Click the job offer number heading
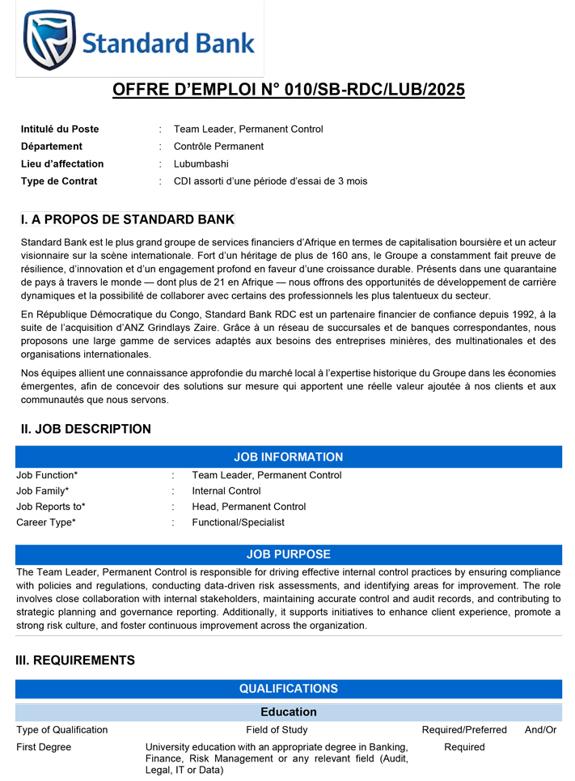click(288, 90)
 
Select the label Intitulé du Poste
click(60, 129)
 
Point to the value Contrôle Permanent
click(218, 146)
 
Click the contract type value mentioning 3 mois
click(270, 181)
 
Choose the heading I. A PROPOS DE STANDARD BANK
click(127, 219)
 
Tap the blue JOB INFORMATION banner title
click(288, 457)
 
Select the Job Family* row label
click(42, 491)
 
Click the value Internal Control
click(226, 491)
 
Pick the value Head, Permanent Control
click(249, 507)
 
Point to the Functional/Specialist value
click(238, 523)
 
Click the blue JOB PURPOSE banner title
click(288, 554)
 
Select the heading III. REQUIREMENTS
click(75, 660)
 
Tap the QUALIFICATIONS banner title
click(288, 689)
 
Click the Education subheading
click(288, 712)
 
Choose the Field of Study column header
click(277, 730)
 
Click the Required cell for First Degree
click(464, 747)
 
